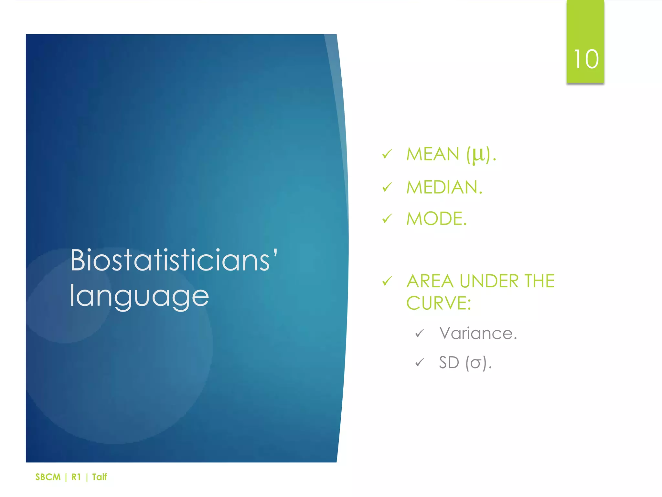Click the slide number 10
tap(586, 60)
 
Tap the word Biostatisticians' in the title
tap(174, 260)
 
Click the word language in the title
tap(139, 296)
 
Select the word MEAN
tap(432, 154)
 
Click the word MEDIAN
tap(444, 187)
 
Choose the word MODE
tap(436, 219)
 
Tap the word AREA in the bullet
tap(430, 281)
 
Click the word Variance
tap(477, 333)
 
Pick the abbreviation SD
tap(449, 362)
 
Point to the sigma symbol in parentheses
tap(475, 363)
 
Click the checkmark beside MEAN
tap(387, 154)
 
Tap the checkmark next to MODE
tap(387, 219)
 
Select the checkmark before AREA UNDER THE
tap(387, 281)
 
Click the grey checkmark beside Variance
tap(420, 333)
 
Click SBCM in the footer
tap(48, 477)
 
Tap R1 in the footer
tap(76, 477)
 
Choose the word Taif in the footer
tap(99, 477)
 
